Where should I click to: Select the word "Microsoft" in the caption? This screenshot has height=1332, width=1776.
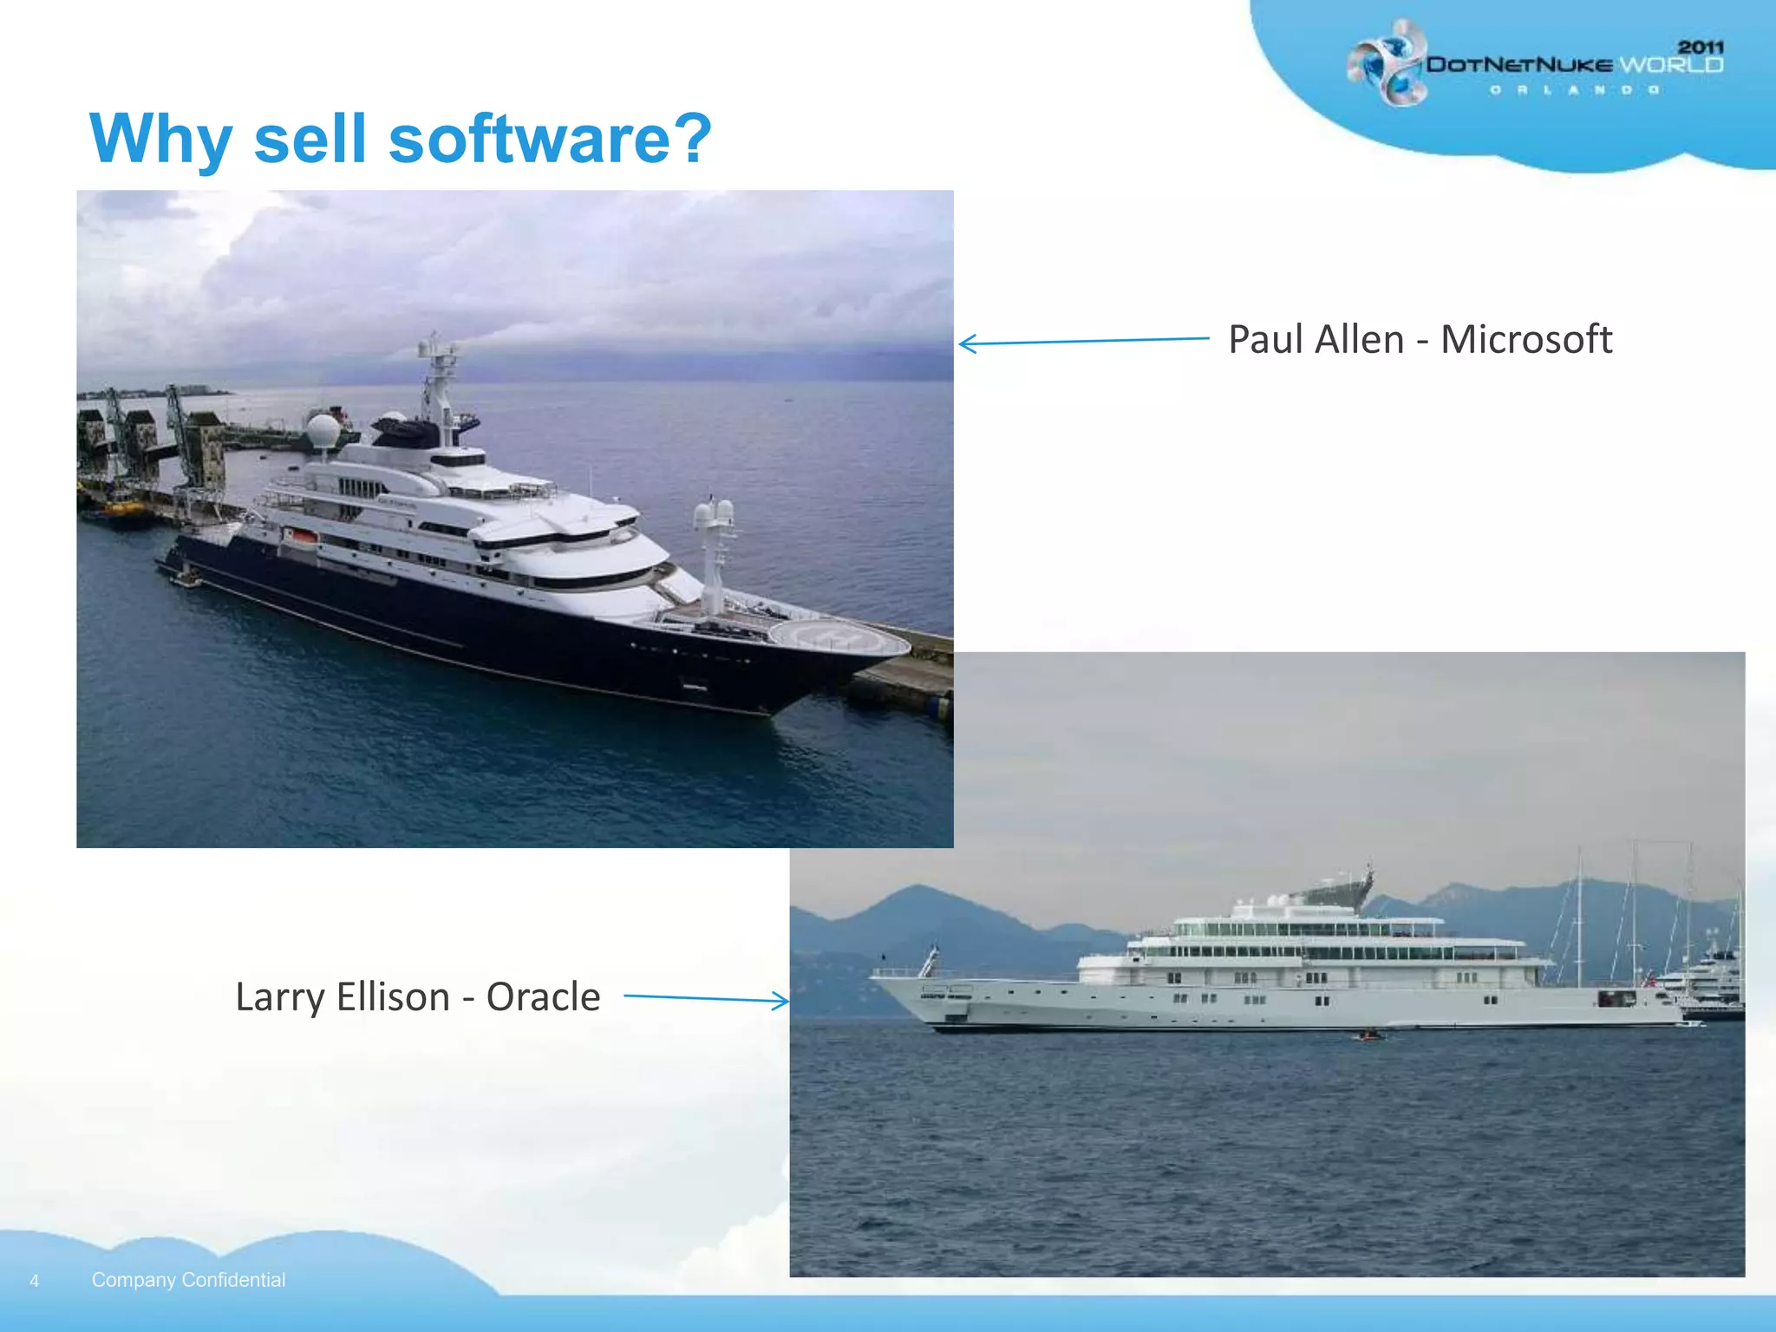click(1525, 339)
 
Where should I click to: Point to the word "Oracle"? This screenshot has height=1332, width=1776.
click(543, 997)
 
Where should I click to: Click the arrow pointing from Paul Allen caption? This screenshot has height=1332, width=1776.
click(1084, 341)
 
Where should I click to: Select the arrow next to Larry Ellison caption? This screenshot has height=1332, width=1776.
click(707, 999)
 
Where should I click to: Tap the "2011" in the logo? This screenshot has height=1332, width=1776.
click(1700, 47)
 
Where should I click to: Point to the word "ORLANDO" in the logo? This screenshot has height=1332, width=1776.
click(1574, 89)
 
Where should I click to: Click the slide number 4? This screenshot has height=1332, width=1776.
click(35, 1281)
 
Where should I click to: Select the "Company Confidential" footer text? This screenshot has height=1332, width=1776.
click(188, 1280)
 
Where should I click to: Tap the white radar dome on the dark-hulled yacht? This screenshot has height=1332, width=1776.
click(323, 430)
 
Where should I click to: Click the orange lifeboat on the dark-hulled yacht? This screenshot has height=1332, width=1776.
click(300, 539)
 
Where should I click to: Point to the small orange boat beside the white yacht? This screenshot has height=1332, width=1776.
click(1368, 1035)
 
